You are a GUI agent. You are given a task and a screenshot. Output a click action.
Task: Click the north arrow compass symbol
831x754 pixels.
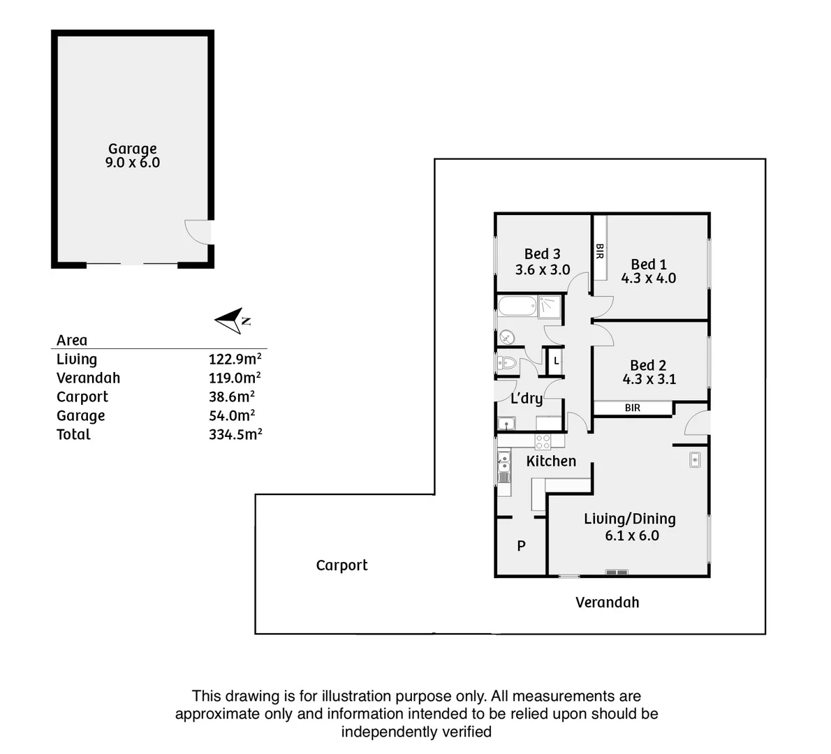(x=232, y=320)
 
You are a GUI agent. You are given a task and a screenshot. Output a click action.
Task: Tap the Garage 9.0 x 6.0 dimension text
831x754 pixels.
(x=133, y=163)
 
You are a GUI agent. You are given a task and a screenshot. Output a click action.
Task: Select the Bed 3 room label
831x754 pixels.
(x=543, y=254)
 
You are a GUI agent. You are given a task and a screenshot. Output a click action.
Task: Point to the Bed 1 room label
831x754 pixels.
(x=649, y=264)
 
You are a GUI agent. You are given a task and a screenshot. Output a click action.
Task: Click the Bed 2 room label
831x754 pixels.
(x=648, y=365)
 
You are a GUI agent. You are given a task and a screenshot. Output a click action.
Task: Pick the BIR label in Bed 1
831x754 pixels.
(x=599, y=251)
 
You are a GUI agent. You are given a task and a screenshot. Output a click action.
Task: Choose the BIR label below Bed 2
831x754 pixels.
(x=633, y=408)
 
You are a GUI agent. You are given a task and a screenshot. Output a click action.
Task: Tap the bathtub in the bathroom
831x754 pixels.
(x=517, y=305)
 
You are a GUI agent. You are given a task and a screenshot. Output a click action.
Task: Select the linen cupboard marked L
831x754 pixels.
(x=557, y=361)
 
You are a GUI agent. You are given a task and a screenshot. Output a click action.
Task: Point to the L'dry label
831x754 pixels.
(x=527, y=399)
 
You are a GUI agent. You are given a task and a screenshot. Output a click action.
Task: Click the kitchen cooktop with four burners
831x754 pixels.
(x=543, y=441)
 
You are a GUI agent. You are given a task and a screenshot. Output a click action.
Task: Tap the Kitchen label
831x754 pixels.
(x=551, y=461)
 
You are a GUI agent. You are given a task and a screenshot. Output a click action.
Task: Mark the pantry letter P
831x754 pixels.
(x=521, y=546)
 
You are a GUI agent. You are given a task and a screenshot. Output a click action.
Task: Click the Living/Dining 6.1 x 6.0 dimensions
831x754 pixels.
(x=632, y=535)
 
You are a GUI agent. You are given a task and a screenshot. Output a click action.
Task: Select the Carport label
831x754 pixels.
(x=341, y=565)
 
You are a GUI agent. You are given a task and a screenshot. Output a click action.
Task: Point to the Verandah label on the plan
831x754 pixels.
(x=607, y=602)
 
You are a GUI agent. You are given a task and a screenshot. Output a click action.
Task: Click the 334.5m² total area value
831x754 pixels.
(x=235, y=434)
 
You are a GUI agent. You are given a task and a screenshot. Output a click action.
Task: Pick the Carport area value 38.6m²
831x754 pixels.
(x=231, y=397)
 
